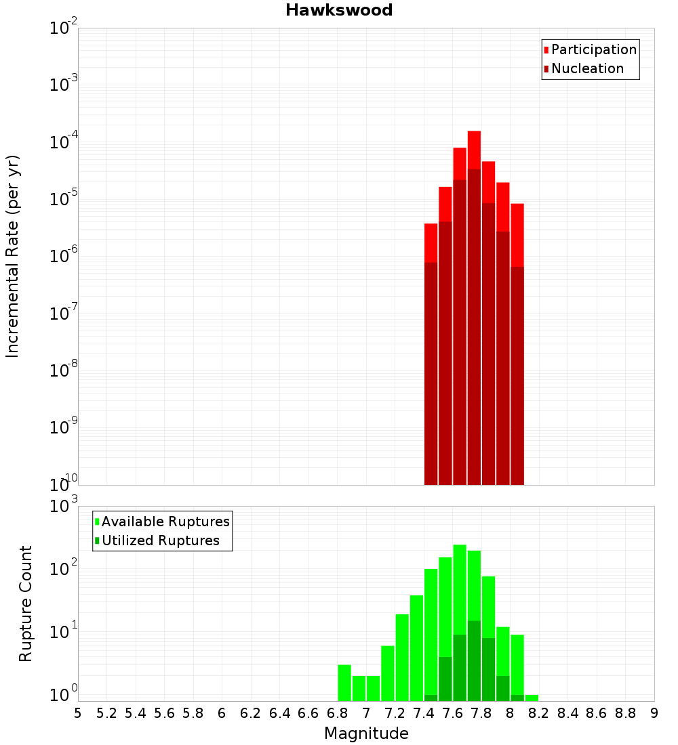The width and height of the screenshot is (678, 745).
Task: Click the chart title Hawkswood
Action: click(x=339, y=10)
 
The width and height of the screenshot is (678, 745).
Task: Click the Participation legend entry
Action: click(x=593, y=49)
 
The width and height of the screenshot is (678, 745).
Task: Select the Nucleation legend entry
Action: click(x=586, y=68)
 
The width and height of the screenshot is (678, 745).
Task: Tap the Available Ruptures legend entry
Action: click(x=165, y=521)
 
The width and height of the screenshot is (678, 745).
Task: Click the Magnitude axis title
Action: click(x=366, y=733)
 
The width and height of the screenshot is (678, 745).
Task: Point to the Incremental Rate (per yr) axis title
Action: click(x=13, y=256)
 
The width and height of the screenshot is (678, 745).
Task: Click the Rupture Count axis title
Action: click(x=26, y=603)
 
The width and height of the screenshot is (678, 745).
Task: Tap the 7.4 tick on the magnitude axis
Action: click(x=424, y=713)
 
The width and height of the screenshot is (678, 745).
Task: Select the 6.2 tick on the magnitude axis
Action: click(x=251, y=713)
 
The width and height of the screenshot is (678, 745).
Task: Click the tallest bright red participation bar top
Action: click(x=474, y=133)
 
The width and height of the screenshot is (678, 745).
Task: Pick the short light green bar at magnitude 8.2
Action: click(x=532, y=698)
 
